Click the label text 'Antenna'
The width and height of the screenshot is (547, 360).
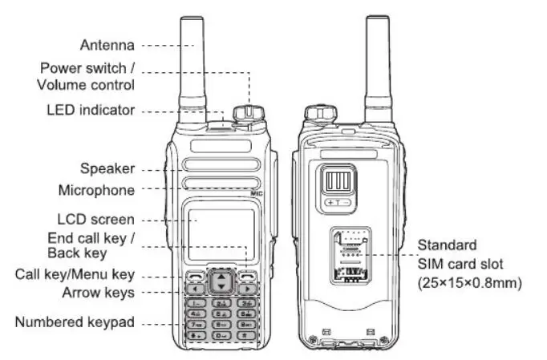coord(107,45)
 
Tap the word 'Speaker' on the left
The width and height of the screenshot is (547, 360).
coord(107,168)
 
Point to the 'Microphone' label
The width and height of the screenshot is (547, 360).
coord(96,190)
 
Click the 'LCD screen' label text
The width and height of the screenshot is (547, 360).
coord(95,219)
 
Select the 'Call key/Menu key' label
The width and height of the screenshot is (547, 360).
coord(75,274)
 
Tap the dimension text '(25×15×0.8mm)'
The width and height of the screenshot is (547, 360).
coord(469,282)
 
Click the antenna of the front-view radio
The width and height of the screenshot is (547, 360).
coord(192,64)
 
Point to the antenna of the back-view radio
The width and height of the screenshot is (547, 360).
coord(378,64)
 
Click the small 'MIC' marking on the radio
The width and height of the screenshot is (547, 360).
coord(257,193)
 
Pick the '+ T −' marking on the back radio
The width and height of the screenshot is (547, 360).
coord(338,203)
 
